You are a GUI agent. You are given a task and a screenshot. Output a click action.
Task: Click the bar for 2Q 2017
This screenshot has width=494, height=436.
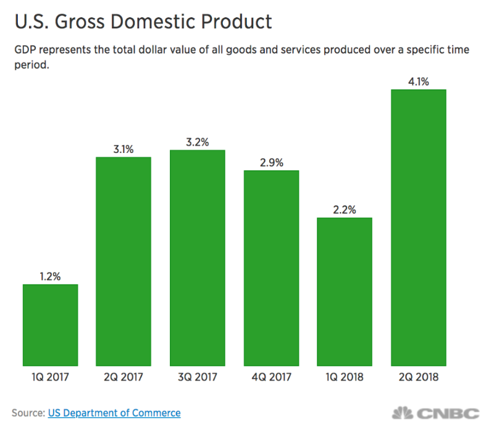(124, 262)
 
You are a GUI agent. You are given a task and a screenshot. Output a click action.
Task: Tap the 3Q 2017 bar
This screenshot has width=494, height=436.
(197, 258)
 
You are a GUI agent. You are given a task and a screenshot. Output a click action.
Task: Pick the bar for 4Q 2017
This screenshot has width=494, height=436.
(271, 269)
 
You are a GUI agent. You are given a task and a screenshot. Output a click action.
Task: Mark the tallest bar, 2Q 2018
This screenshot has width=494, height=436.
(418, 228)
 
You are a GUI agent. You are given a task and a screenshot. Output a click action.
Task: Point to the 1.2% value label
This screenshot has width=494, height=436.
(50, 277)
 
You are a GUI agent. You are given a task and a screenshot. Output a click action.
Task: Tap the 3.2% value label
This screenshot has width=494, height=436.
(197, 141)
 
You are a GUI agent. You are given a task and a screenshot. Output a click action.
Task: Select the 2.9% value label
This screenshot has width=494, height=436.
(271, 162)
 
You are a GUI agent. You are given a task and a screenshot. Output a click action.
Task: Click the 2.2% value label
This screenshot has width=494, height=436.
(345, 210)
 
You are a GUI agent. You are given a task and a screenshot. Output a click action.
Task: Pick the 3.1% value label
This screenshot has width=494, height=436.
(124, 149)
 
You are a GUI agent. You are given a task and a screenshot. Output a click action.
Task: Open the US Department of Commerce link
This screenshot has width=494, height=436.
(114, 413)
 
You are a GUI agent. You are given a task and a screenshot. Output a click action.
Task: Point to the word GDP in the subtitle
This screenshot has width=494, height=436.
(24, 51)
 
